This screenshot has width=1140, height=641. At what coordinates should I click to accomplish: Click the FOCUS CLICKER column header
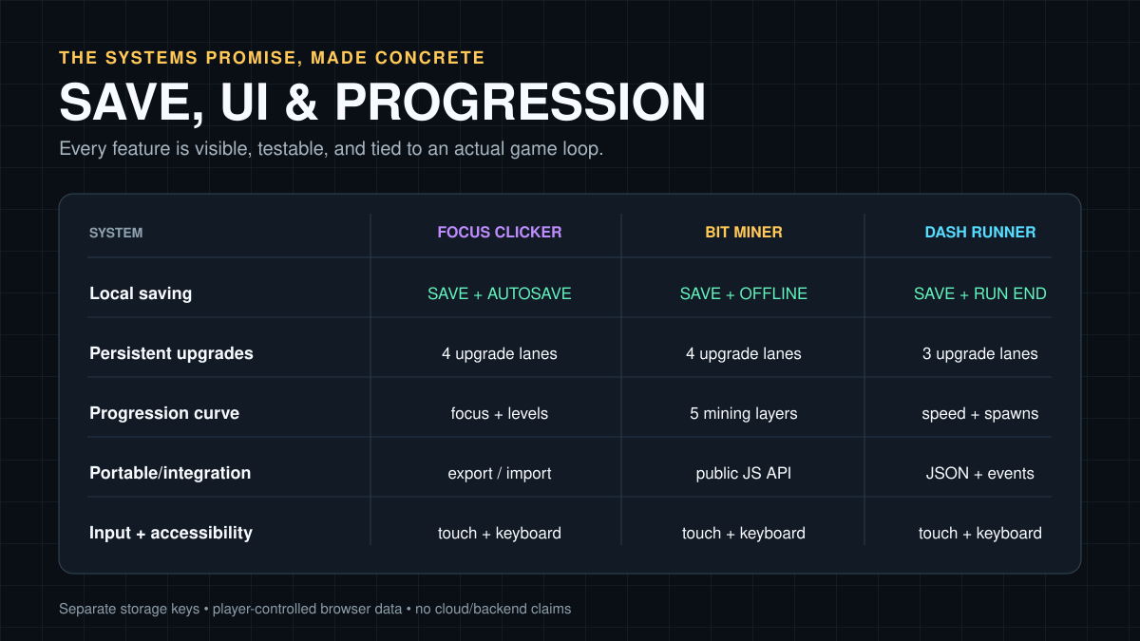[x=500, y=233]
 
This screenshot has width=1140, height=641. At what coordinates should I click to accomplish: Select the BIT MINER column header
[x=744, y=233]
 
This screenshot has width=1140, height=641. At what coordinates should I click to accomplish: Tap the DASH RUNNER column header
[x=980, y=233]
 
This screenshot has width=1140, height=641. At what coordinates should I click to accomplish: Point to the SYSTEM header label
[x=116, y=233]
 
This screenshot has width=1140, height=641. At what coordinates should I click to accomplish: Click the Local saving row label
[x=141, y=293]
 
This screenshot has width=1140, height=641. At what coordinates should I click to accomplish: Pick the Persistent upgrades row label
[x=171, y=353]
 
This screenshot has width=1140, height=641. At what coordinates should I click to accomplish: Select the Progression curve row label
[x=163, y=413]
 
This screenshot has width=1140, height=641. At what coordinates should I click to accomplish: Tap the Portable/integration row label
[x=170, y=473]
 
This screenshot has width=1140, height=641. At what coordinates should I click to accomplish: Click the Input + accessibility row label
[x=170, y=533]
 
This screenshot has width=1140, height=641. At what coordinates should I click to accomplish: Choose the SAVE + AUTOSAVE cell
[x=500, y=293]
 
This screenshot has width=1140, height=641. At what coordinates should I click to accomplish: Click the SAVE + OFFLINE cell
[x=744, y=293]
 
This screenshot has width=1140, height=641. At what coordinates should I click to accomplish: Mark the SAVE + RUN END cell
[x=980, y=293]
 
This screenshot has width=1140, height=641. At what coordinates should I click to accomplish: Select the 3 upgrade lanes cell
[x=980, y=353]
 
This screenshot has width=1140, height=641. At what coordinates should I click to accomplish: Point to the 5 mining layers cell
[x=744, y=414]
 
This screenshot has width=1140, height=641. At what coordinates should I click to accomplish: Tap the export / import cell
[x=500, y=473]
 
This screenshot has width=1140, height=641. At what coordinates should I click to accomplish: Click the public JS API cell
[x=744, y=473]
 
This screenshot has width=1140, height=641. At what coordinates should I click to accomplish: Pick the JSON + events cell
[x=980, y=473]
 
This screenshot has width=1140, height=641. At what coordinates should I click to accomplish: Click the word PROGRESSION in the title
[x=521, y=102]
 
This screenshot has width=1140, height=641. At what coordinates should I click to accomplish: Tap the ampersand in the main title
[x=301, y=102]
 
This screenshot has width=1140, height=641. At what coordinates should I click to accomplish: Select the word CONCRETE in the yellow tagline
[x=430, y=58]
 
